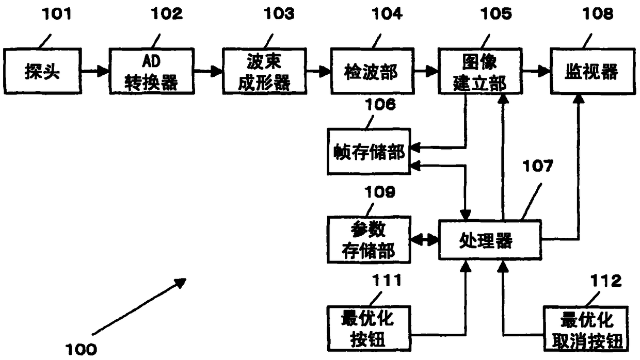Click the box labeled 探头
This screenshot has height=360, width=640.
pyautogui.click(x=42, y=71)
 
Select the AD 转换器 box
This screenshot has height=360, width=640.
pyautogui.click(x=152, y=71)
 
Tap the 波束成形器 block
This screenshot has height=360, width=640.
pyautogui.click(x=265, y=71)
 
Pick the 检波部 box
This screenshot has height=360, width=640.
pyautogui.click(x=372, y=71)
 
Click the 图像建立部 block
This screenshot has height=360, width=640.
pyautogui.click(x=481, y=71)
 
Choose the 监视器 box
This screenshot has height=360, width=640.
pyautogui.click(x=593, y=71)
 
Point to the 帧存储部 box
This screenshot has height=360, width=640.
pyautogui.click(x=369, y=152)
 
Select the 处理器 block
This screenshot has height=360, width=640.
pyautogui.click(x=490, y=240)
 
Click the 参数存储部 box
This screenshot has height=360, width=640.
pyautogui.click(x=369, y=240)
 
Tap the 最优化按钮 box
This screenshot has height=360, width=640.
pyautogui.click(x=369, y=329)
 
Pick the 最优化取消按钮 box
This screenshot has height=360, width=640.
pyautogui.click(x=586, y=329)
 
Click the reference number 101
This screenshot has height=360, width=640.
pyautogui.click(x=56, y=14)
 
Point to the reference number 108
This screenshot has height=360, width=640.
pyautogui.click(x=598, y=14)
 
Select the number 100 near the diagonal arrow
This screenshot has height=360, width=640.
pyautogui.click(x=81, y=349)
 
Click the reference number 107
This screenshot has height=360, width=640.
pyautogui.click(x=538, y=166)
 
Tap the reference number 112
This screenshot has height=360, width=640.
pyautogui.click(x=606, y=281)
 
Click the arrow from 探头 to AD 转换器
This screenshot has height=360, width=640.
pyautogui.click(x=95, y=71)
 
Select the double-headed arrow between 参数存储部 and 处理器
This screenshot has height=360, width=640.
pyautogui.click(x=425, y=240)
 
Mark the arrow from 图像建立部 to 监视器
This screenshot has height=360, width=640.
pyautogui.click(x=537, y=71)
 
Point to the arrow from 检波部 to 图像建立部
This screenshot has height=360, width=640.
pyautogui.click(x=426, y=71)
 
